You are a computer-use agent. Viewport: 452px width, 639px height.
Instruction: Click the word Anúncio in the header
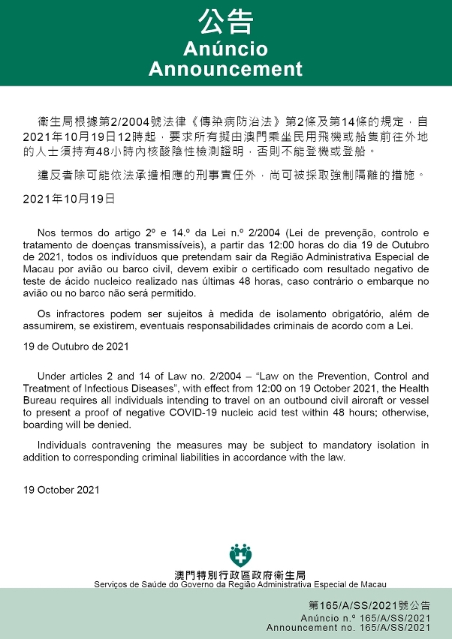[x=225, y=49]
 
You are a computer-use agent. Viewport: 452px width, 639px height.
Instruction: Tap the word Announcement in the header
[x=225, y=69]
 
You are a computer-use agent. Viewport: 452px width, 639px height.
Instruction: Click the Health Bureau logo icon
[x=240, y=556]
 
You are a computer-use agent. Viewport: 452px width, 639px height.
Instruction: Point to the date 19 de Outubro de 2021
[x=75, y=346]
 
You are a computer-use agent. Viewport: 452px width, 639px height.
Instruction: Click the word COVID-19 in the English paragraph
[x=198, y=412]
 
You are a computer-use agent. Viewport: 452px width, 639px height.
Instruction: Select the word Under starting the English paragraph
[x=51, y=376]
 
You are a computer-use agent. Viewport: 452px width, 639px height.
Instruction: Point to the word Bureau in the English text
[x=40, y=400]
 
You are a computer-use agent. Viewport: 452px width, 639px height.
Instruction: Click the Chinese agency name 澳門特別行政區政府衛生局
[x=240, y=574]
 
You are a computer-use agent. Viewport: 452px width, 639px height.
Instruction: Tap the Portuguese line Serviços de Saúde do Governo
[x=240, y=584]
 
